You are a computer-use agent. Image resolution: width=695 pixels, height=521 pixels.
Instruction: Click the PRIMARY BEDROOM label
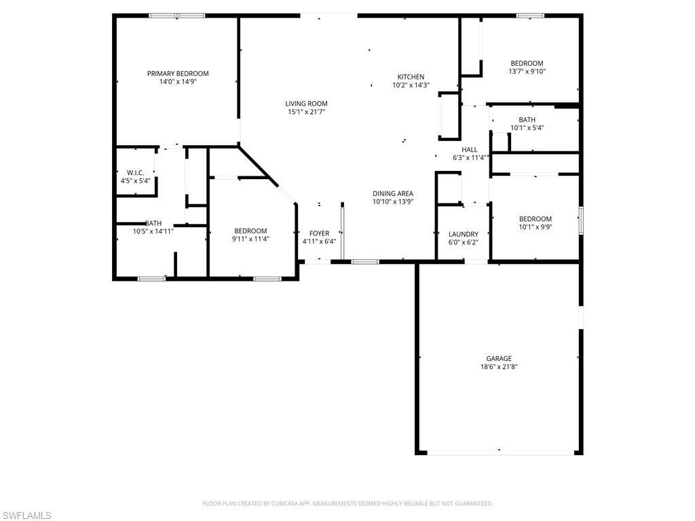(x=178, y=73)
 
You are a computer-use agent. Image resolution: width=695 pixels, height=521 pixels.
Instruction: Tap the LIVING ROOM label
(x=306, y=104)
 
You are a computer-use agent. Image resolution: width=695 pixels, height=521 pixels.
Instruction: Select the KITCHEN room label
(x=411, y=77)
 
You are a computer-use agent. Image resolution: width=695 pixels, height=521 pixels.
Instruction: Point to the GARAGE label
(x=498, y=358)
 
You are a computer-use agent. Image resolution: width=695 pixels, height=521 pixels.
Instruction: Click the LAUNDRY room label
(x=463, y=234)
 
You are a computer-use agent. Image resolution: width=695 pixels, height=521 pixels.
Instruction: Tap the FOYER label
(x=319, y=233)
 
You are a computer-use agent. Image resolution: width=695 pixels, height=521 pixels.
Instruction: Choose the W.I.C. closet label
(x=135, y=173)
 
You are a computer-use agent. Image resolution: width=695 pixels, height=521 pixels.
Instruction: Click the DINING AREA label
(x=393, y=193)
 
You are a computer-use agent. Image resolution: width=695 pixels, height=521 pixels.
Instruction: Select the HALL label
(x=469, y=150)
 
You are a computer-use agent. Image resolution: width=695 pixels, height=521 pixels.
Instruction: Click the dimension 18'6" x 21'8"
(x=498, y=366)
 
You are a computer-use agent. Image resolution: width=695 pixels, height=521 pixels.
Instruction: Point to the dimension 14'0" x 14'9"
(x=178, y=81)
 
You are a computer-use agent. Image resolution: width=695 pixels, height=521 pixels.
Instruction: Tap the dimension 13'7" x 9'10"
(x=527, y=71)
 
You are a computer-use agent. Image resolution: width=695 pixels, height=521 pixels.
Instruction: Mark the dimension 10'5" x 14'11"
(x=153, y=231)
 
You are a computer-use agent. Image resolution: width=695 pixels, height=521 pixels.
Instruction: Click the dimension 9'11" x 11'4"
(x=250, y=239)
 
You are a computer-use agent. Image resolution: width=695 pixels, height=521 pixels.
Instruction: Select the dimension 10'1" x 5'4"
(x=527, y=128)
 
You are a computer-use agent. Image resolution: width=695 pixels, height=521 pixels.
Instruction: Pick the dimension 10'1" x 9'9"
(x=535, y=227)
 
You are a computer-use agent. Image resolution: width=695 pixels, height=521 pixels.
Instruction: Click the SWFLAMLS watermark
(x=26, y=516)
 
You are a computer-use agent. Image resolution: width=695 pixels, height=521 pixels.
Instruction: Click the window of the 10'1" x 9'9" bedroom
(x=580, y=221)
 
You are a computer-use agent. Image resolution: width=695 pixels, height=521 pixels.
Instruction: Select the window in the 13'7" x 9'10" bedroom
(x=530, y=16)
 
